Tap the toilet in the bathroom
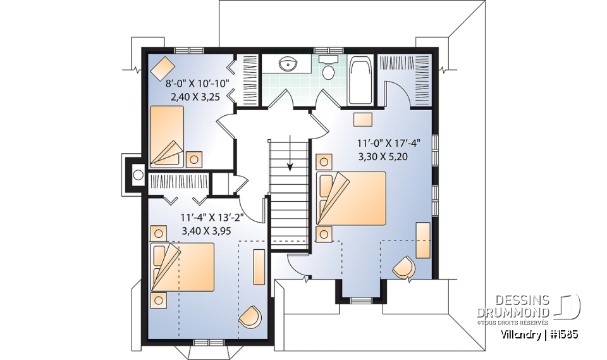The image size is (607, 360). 328,69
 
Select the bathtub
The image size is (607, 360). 361,80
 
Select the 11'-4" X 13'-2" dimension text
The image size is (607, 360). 212,218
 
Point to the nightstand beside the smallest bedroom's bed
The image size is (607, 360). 194,158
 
